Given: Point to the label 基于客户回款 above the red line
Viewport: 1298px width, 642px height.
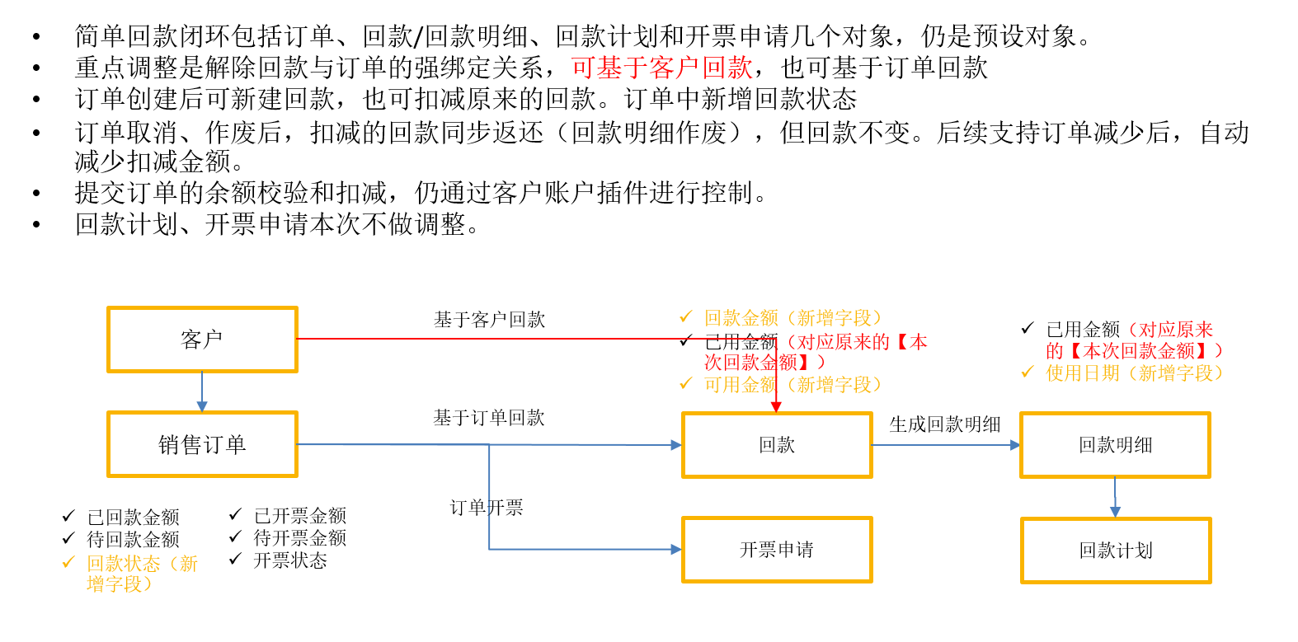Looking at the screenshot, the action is point(490,320).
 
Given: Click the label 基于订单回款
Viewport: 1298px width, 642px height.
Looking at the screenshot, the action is point(489,418).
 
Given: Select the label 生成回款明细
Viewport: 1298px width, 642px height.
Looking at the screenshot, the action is point(945,424).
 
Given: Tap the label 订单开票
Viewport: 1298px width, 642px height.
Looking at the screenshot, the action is point(487,508).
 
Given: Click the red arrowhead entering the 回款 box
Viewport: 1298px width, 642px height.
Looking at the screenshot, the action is point(776,408).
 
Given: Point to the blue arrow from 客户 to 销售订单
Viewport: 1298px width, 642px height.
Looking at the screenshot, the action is point(202,392).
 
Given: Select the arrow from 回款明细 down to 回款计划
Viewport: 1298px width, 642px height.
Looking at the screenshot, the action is point(1115,498).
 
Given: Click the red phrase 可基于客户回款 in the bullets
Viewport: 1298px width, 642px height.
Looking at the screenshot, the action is point(661,68).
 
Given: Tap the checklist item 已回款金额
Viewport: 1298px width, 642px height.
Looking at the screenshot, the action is point(133,517).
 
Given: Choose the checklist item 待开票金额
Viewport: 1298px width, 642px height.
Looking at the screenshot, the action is point(299,538).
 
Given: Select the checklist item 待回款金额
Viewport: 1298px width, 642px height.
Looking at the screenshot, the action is point(133,540).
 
